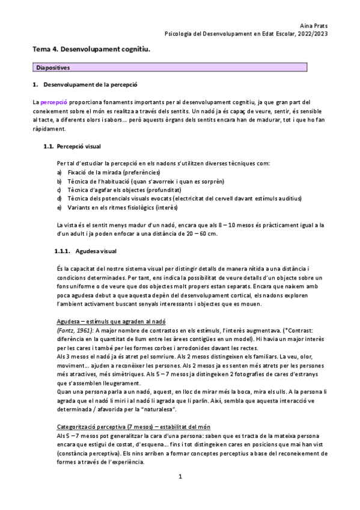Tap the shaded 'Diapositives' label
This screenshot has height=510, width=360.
[x=53, y=68]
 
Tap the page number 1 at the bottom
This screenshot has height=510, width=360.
[x=180, y=493]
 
